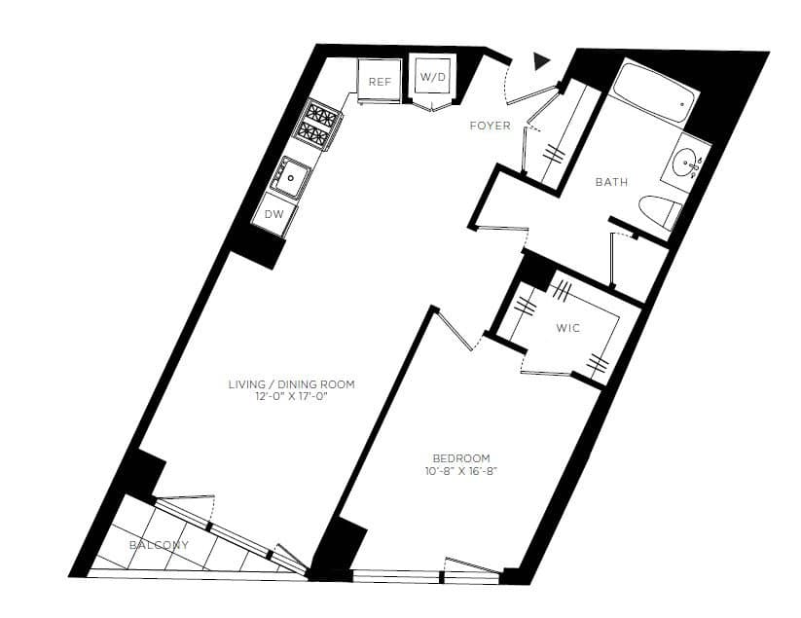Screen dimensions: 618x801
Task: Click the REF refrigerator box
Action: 379,80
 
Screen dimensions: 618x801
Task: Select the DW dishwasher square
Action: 273,214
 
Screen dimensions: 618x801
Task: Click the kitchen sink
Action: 292,177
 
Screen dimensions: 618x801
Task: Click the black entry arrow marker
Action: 542,62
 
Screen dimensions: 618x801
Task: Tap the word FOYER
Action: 490,126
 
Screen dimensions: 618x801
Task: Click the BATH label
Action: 611,182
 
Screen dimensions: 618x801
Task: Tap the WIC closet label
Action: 567,328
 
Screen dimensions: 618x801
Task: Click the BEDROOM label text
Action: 461,458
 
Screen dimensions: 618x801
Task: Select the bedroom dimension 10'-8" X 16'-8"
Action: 461,472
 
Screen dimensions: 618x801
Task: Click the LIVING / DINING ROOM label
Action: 291,384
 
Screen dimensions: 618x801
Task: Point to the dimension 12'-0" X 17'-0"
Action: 291,398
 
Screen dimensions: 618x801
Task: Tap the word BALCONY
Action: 159,545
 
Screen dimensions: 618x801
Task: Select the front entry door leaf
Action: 533,92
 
